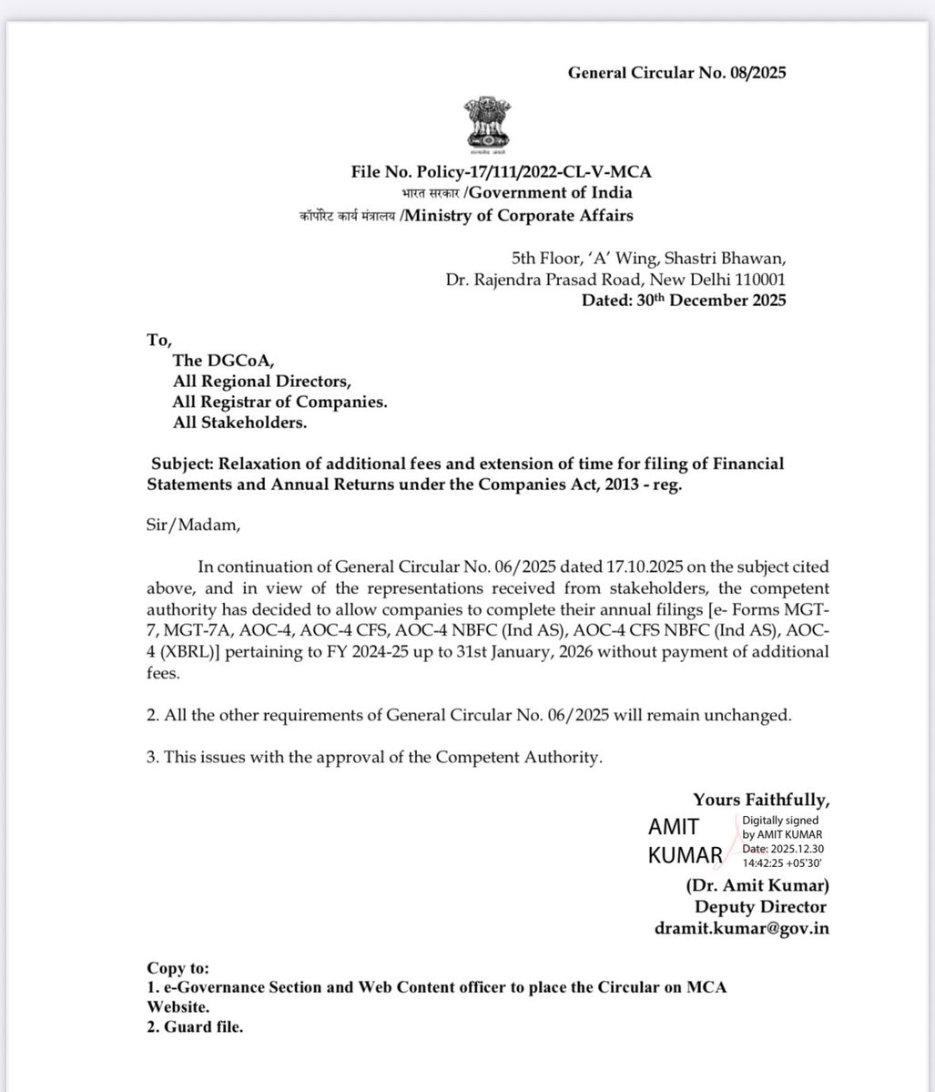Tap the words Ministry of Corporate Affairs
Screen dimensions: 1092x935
(x=519, y=216)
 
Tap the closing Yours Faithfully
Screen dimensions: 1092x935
(x=761, y=801)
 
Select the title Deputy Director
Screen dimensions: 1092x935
(x=760, y=907)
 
